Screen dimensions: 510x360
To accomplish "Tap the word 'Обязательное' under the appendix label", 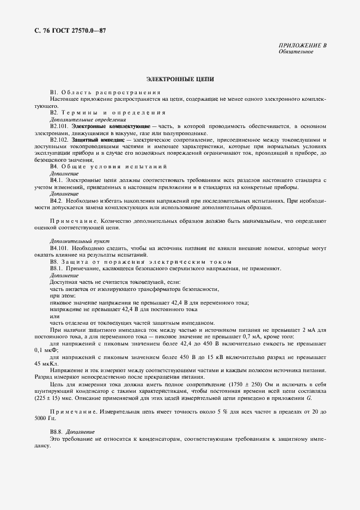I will pyautogui.click(x=295, y=52).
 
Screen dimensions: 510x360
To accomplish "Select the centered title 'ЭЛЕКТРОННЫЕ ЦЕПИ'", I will pyautogui.click(x=180, y=79).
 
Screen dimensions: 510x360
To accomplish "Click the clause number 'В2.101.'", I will pyautogui.click(x=59, y=126).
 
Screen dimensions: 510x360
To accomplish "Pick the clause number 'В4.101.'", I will pyautogui.click(x=59, y=248).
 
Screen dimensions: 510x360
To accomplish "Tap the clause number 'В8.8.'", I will pyautogui.click(x=58, y=432).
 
